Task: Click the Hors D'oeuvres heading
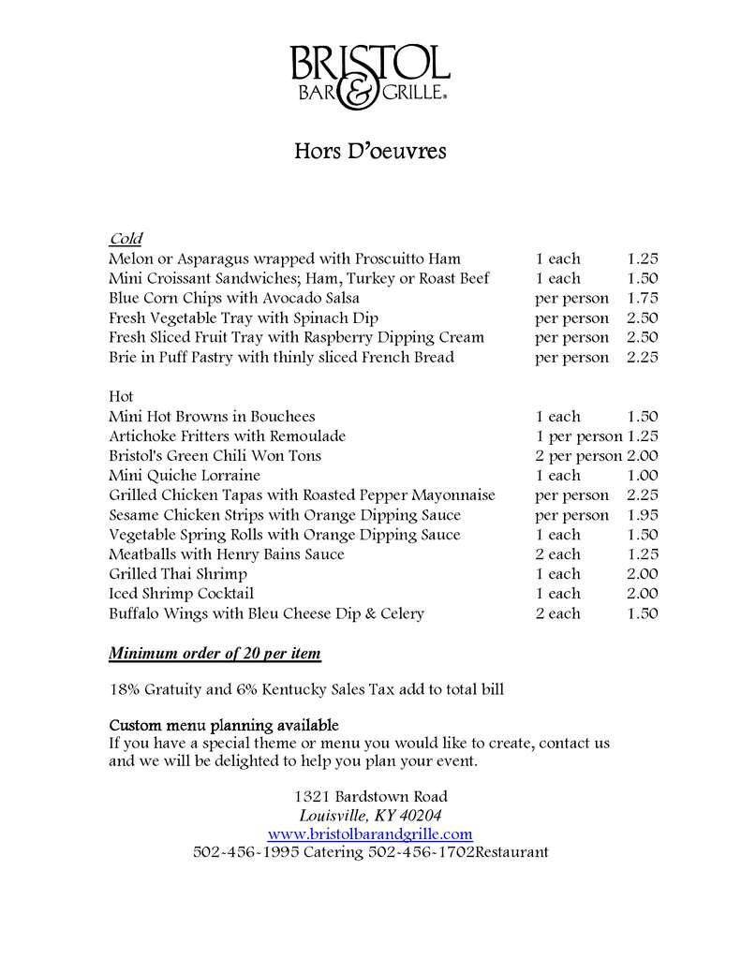tap(370, 150)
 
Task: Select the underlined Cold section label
tap(126, 238)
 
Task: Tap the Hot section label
tap(121, 396)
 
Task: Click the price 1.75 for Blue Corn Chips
tap(643, 298)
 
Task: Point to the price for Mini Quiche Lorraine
tap(643, 476)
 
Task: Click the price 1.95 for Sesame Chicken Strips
tap(643, 515)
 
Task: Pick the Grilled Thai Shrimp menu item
tap(178, 574)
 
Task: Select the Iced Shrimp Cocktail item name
tap(181, 594)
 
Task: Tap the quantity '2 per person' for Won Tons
tap(578, 456)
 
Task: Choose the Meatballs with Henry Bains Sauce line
tap(227, 554)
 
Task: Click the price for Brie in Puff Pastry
tap(643, 357)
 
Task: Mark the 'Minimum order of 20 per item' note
tap(218, 653)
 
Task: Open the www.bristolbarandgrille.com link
tap(370, 834)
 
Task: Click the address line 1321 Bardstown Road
tap(370, 796)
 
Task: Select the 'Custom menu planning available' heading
tap(224, 726)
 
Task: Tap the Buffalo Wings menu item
tap(266, 613)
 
